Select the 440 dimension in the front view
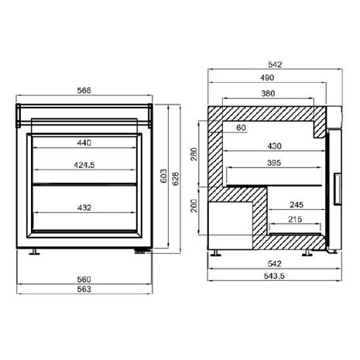pyautogui.click(x=84, y=142)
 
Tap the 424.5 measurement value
pyautogui.click(x=84, y=164)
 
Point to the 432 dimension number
pyautogui.click(x=84, y=207)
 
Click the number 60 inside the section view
pyautogui.click(x=241, y=128)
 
